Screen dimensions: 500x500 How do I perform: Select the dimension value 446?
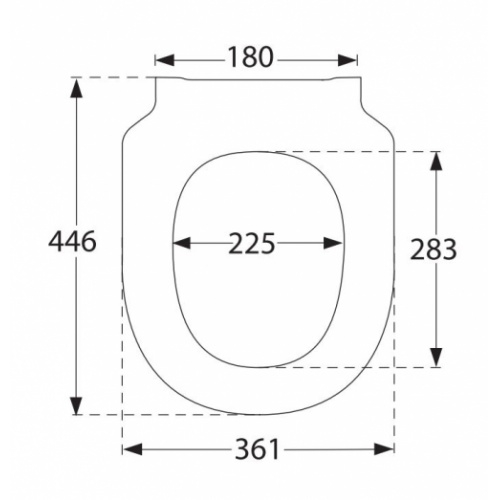click(73, 242)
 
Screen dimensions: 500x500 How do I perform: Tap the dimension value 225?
click(252, 243)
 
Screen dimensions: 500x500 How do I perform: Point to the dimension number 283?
click(433, 249)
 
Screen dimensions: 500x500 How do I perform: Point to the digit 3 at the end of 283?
click(448, 249)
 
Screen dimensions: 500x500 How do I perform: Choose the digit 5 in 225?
click(267, 243)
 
